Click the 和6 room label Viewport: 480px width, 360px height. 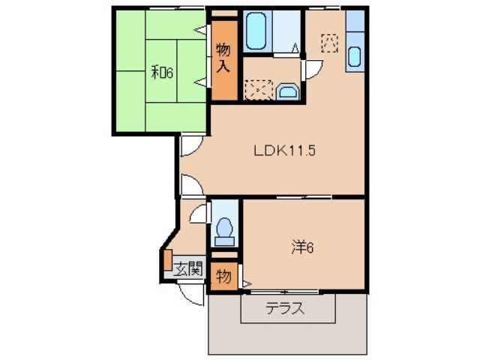[162, 73]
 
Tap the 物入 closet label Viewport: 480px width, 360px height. [223, 58]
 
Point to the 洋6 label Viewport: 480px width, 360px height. [301, 246]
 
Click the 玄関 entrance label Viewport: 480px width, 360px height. [189, 268]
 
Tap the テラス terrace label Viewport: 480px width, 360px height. [285, 308]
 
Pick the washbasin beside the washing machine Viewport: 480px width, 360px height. [288, 92]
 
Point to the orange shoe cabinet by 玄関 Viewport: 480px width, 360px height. [168, 259]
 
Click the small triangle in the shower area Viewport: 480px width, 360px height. [296, 49]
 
